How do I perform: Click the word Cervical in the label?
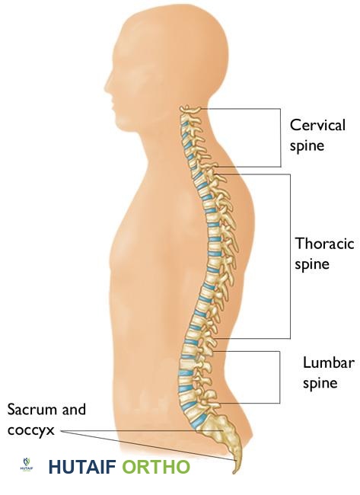pyautogui.click(x=317, y=125)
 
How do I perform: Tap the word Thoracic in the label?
pyautogui.click(x=325, y=244)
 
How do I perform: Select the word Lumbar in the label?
pyautogui.click(x=329, y=362)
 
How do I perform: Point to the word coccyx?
pyautogui.click(x=31, y=430)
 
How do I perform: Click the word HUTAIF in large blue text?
pyautogui.click(x=82, y=467)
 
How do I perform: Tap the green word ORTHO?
pyautogui.click(x=156, y=467)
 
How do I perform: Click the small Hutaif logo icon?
pyautogui.click(x=27, y=465)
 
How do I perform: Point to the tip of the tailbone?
pyautogui.click(x=234, y=473)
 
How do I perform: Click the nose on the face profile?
pyautogui.click(x=108, y=85)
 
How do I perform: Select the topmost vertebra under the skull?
pyautogui.click(x=190, y=110)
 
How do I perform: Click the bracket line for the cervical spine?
pyautogui.click(x=281, y=138)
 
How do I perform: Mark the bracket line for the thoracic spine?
pyautogui.click(x=290, y=257)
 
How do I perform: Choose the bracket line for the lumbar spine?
pyautogui.click(x=279, y=377)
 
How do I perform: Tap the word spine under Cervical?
pyautogui.click(x=307, y=146)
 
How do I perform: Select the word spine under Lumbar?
pyautogui.click(x=320, y=384)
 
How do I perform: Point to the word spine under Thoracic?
pyautogui.click(x=312, y=264)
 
